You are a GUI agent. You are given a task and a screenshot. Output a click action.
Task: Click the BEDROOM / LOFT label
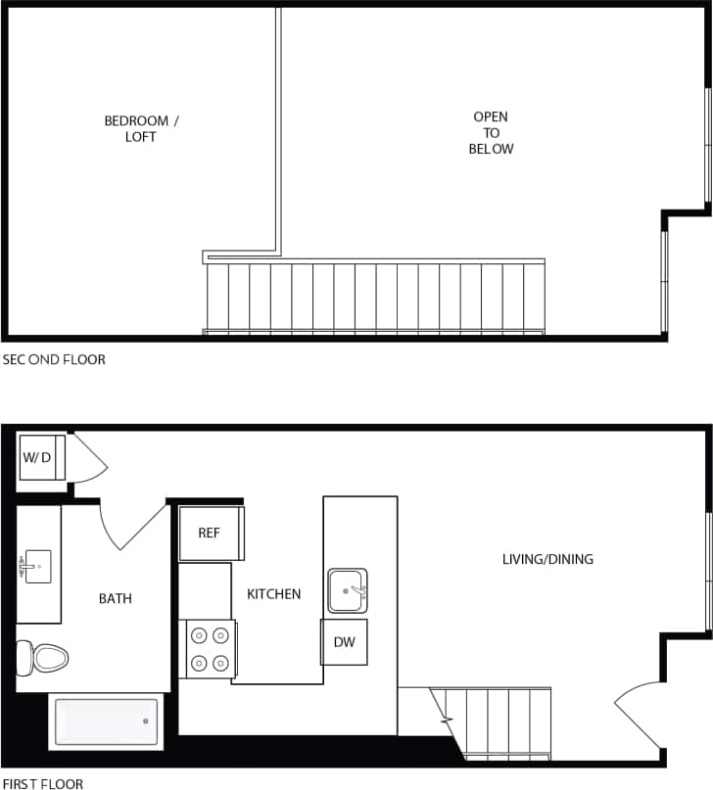(x=141, y=128)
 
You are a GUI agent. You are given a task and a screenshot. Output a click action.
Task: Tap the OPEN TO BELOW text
(x=491, y=133)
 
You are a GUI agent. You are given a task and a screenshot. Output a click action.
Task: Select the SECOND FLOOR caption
(x=54, y=359)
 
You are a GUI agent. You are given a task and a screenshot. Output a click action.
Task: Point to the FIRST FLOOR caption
(x=43, y=783)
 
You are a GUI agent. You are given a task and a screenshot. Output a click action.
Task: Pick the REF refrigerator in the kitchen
(x=210, y=534)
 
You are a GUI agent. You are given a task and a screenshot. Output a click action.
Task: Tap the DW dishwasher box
(x=344, y=642)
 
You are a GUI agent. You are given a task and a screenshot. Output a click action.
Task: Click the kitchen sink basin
(x=347, y=590)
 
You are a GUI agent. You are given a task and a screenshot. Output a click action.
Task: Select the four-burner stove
(x=209, y=648)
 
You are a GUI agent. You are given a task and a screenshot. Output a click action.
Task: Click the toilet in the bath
(x=43, y=657)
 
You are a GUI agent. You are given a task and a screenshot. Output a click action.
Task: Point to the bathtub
(x=105, y=721)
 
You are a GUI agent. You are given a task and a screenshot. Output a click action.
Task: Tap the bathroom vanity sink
(x=35, y=566)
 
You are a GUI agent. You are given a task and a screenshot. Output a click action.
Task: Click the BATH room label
(x=115, y=598)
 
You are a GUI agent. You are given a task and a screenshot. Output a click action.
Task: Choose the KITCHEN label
(x=273, y=594)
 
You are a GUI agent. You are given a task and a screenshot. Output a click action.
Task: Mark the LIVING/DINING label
(x=547, y=560)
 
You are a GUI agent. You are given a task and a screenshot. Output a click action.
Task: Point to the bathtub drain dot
(x=145, y=721)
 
